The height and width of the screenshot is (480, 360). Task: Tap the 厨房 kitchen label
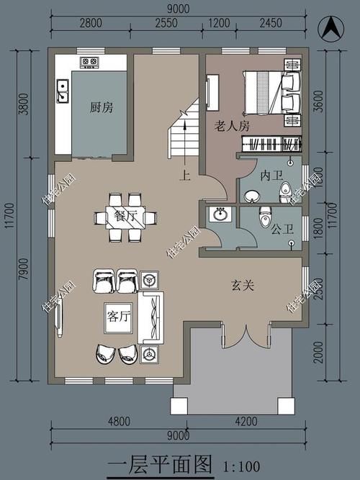101,107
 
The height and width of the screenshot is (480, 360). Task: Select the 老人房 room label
232,126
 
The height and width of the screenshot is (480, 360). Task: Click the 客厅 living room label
117,316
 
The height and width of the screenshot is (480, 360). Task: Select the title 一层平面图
161,464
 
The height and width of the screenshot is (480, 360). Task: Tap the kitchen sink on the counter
63,90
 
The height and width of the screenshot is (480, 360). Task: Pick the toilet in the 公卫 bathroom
265,214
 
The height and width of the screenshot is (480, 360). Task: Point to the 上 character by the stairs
186,173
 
